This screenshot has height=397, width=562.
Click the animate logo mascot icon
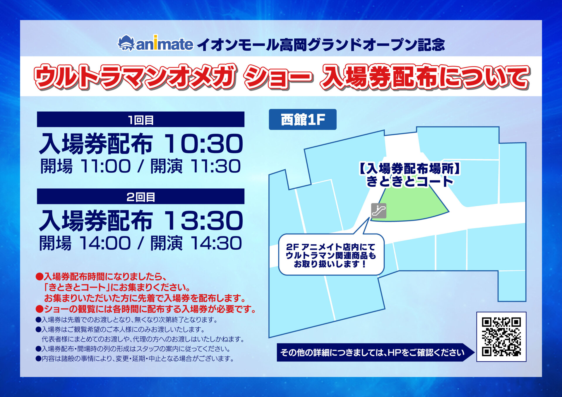[126, 43]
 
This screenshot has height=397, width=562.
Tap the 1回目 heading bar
[140, 120]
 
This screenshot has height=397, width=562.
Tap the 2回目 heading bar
[140, 197]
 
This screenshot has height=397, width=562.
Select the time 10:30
[203, 144]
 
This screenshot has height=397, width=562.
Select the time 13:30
[203, 221]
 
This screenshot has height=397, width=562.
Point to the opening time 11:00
[106, 166]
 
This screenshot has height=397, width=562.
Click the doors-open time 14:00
[105, 243]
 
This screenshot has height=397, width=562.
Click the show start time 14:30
[216, 243]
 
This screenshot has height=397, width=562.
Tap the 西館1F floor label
[303, 120]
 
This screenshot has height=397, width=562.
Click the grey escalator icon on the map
[378, 211]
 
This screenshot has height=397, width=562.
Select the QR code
[501, 337]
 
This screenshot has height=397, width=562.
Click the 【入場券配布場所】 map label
[409, 169]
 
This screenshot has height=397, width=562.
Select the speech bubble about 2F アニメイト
[331, 255]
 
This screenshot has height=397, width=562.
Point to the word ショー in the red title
[278, 77]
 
